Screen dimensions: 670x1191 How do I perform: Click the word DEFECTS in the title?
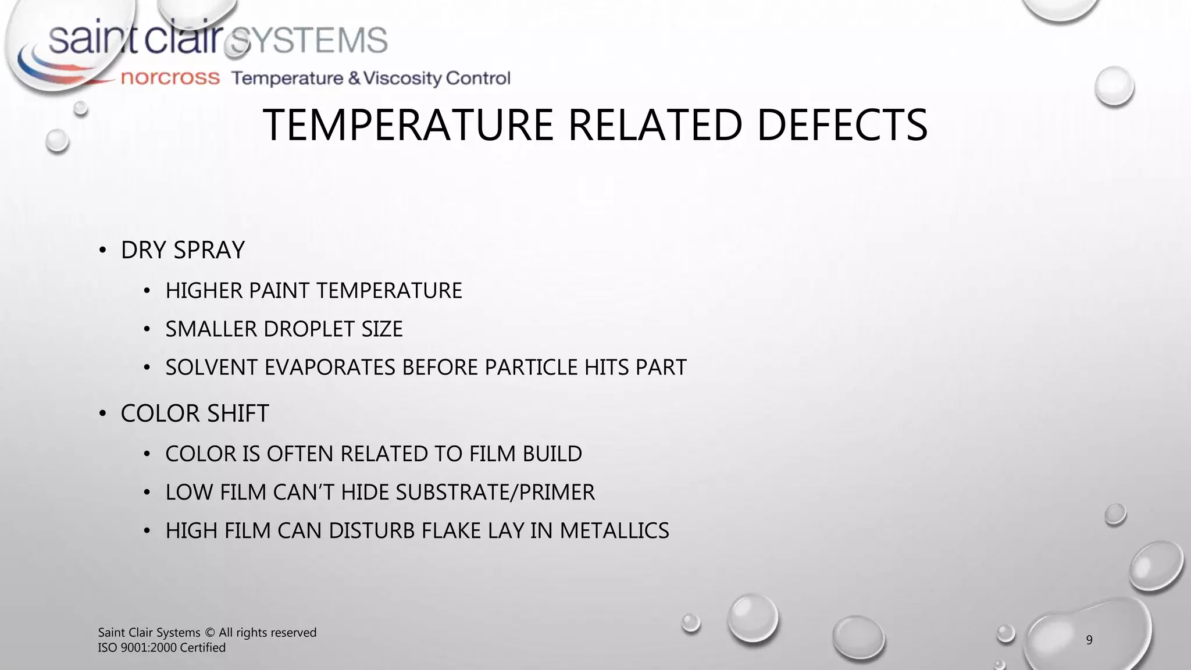(841, 125)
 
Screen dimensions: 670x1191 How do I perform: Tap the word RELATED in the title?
(655, 125)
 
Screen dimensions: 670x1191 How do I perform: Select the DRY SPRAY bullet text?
(183, 250)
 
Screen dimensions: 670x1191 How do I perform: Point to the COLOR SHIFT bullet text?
(195, 414)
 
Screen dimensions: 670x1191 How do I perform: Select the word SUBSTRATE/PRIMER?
(495, 492)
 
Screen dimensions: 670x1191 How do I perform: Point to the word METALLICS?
(614, 530)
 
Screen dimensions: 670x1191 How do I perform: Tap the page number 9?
(1089, 640)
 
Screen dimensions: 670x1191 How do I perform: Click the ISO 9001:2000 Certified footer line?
(162, 648)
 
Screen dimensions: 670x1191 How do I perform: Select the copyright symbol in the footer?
(210, 633)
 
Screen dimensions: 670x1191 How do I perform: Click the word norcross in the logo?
(170, 78)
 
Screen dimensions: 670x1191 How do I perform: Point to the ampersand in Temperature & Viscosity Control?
(354, 78)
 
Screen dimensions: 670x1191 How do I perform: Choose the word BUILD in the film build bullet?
(552, 454)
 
